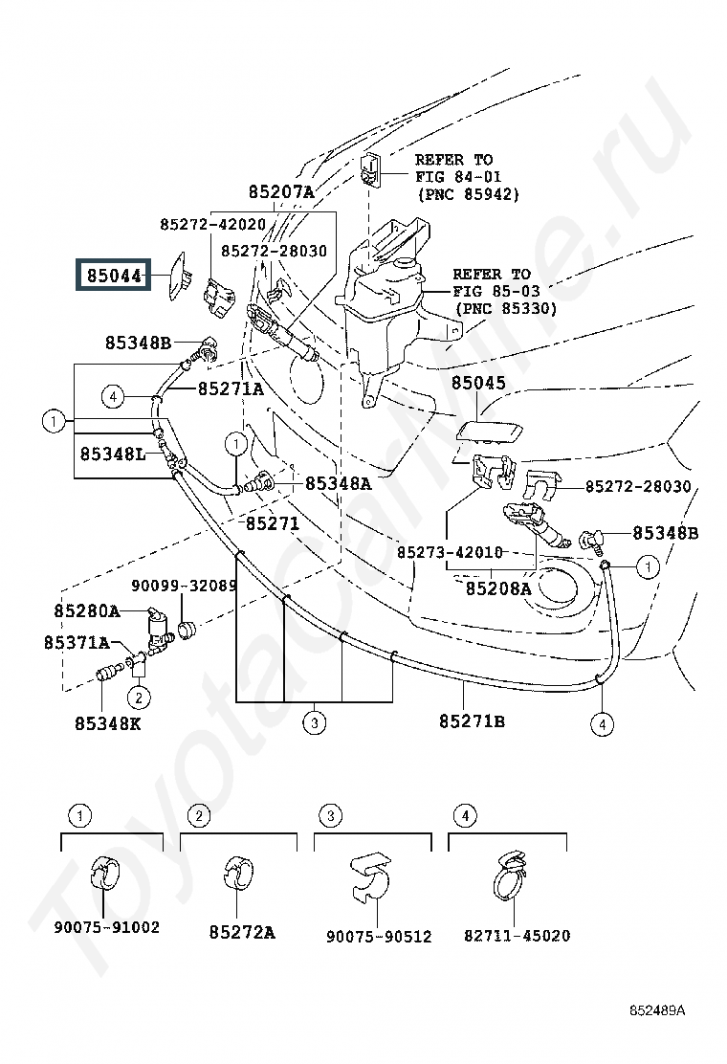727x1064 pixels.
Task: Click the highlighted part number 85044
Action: (114, 276)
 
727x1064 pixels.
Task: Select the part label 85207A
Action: (281, 192)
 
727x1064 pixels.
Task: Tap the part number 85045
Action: (479, 383)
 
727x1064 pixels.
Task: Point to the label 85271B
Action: (472, 721)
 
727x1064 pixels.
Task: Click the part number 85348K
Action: (108, 723)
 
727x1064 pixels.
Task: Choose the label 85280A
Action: (87, 611)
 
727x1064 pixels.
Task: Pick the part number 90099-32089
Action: (184, 585)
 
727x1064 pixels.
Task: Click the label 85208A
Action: (498, 588)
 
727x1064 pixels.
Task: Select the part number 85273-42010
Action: (450, 552)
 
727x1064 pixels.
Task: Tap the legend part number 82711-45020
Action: (517, 936)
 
